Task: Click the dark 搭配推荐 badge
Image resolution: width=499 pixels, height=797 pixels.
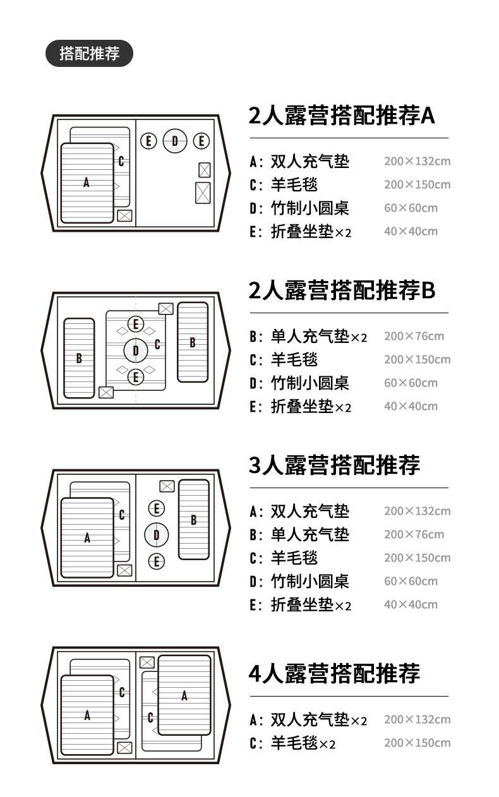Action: (89, 54)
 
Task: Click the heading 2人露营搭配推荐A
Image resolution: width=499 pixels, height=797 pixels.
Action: (342, 116)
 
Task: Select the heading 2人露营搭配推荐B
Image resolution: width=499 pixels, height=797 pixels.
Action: (342, 291)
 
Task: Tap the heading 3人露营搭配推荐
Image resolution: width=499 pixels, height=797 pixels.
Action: (334, 465)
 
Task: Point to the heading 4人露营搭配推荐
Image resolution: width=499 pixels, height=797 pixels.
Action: (334, 674)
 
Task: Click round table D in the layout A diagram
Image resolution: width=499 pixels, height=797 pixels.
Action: (175, 141)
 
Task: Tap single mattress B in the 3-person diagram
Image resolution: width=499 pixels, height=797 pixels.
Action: (193, 520)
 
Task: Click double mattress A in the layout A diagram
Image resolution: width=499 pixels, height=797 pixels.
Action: (87, 183)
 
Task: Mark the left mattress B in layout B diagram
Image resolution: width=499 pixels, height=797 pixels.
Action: (79, 358)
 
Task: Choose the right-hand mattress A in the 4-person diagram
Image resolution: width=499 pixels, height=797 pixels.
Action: (184, 695)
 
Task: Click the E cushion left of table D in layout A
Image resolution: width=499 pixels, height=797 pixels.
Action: (148, 141)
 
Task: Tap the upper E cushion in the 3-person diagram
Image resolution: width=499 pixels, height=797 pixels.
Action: (157, 508)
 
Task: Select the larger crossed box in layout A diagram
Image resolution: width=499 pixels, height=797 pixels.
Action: (203, 192)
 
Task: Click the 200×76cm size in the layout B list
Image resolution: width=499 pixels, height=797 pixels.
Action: (414, 336)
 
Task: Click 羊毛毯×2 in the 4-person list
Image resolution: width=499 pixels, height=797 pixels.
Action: (303, 743)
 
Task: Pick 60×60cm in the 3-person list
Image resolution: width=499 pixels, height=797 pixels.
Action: (411, 581)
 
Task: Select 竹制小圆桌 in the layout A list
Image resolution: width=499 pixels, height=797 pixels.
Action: (310, 208)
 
